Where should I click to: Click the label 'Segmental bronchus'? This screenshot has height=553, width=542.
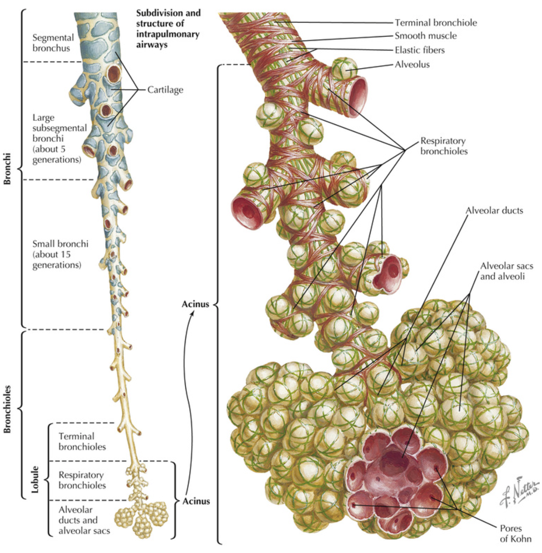tap(53, 43)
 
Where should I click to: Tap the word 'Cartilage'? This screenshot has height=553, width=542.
tap(165, 90)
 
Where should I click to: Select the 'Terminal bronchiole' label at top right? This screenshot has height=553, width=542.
tap(436, 23)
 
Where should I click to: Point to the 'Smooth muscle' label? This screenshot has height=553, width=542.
tap(426, 36)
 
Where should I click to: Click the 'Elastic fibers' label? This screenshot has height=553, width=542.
tap(419, 50)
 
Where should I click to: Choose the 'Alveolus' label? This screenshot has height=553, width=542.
tap(412, 65)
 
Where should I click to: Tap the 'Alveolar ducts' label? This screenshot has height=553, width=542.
tap(494, 210)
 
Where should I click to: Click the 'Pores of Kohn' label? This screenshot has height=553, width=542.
tap(515, 533)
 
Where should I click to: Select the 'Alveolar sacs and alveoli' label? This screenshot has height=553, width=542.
tap(506, 271)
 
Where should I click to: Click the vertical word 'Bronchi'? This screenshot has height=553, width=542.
tap(7, 169)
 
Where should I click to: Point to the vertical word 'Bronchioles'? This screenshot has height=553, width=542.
tap(7, 409)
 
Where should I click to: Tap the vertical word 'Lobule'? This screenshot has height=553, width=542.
tap(35, 479)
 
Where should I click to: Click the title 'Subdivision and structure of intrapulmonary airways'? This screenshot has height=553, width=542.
tap(168, 29)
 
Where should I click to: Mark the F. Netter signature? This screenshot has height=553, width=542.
tap(519, 492)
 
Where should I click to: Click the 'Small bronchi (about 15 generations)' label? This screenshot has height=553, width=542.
tap(60, 254)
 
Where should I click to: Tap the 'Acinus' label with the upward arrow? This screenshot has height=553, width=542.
tap(195, 304)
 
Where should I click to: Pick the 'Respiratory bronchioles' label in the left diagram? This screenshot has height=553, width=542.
tap(82, 480)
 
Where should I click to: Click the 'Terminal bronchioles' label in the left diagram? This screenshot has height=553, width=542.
tap(82, 441)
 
